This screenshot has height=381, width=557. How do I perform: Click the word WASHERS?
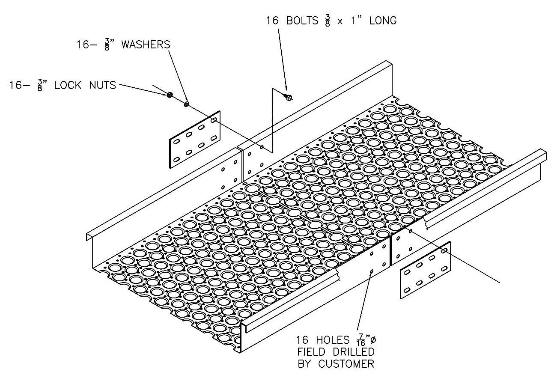146,45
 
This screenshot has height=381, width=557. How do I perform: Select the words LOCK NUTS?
85,85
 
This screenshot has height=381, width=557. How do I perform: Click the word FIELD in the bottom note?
313,352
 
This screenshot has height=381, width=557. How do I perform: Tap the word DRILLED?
354,352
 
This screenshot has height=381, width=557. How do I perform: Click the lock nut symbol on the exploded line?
170,95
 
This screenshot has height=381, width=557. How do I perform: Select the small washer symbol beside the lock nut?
186,104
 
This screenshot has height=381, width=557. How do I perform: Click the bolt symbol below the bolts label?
289,97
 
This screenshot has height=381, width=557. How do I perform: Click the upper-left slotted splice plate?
195,139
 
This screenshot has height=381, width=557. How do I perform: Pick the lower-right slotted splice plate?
425,270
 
